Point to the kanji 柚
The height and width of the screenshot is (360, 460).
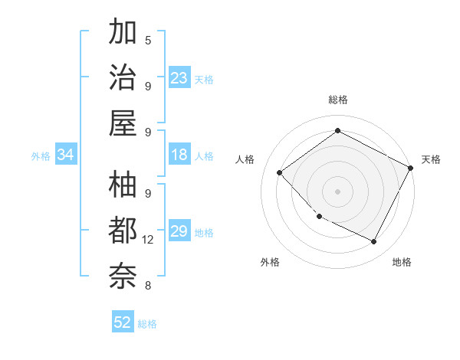click(x=123, y=185)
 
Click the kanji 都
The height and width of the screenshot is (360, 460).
click(x=123, y=231)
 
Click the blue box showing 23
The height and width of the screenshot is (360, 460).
click(x=179, y=78)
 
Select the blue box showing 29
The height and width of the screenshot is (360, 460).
click(x=179, y=232)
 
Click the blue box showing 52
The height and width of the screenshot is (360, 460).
click(x=123, y=322)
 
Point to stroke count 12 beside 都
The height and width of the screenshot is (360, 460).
click(x=148, y=240)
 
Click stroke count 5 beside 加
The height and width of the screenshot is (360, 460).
click(x=148, y=39)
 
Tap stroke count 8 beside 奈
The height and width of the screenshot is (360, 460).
click(x=148, y=286)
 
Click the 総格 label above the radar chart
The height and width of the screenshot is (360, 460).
click(x=337, y=100)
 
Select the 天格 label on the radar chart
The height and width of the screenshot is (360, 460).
click(x=431, y=159)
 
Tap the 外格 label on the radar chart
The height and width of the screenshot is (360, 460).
click(x=270, y=262)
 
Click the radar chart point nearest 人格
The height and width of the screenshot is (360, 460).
click(x=280, y=172)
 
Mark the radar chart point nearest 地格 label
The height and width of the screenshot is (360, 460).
click(x=374, y=242)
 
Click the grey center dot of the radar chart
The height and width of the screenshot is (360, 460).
click(x=337, y=191)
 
